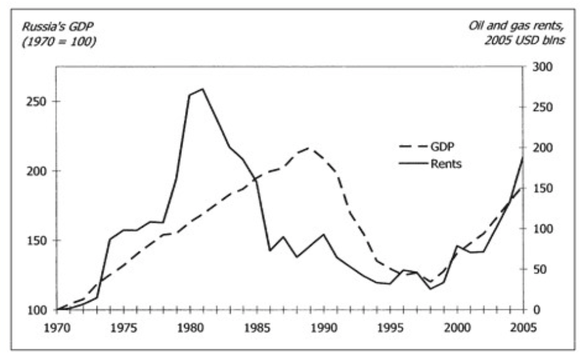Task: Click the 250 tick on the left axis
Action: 38,102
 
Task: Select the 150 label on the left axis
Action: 38,240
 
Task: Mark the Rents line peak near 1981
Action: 202,89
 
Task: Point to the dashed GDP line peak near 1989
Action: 309,148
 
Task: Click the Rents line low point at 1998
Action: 430,289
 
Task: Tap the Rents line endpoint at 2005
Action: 524,158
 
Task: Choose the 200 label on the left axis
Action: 38,171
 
